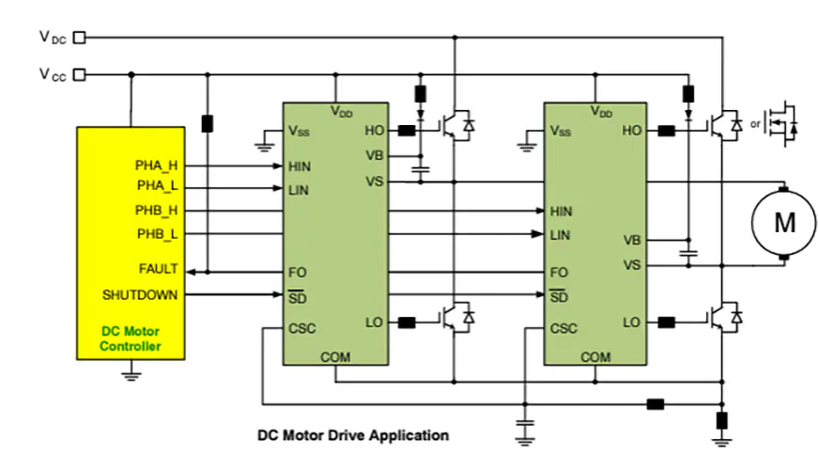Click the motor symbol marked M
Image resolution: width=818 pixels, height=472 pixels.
coord(782,222)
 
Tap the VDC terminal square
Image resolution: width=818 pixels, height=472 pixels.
coord(79,38)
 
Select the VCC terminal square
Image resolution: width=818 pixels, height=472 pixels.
coord(79,73)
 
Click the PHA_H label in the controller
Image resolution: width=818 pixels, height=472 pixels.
coord(157,165)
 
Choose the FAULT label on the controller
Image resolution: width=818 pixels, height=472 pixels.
coord(158,269)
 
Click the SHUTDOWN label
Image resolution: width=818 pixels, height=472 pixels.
coord(140,295)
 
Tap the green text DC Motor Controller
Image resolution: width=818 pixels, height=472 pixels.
coord(131,338)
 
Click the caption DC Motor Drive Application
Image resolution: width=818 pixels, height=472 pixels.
coord(353,435)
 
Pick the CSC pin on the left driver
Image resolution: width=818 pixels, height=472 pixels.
coord(302,329)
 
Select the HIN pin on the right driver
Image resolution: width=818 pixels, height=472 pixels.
coord(561,212)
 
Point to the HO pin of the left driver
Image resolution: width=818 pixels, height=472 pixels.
coord(373,131)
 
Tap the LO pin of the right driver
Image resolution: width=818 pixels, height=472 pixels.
coord(631,323)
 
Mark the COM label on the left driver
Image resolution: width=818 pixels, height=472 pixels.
coord(335,357)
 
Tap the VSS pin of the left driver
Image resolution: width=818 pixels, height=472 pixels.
coord(300,131)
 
